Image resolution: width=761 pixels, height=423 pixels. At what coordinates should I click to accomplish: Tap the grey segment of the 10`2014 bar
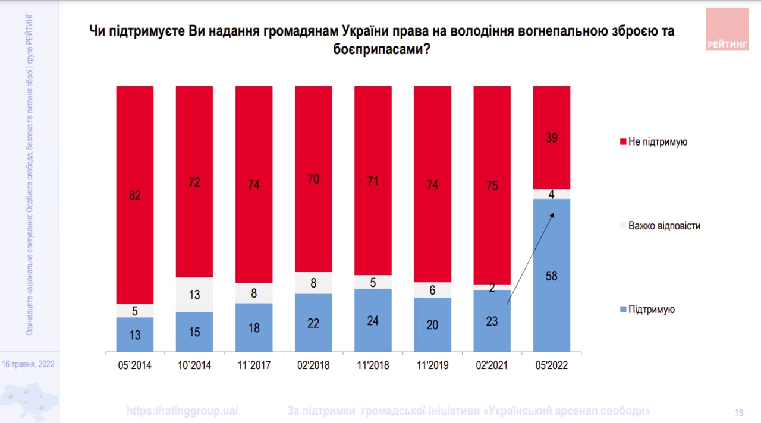tap(194, 295)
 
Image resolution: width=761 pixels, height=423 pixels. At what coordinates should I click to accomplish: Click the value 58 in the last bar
tap(551, 276)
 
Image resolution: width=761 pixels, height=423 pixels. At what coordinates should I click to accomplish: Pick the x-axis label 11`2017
tap(254, 365)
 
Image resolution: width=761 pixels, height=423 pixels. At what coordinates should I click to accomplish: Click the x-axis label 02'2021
tap(492, 365)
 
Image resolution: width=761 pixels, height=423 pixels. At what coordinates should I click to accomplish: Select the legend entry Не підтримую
tap(657, 141)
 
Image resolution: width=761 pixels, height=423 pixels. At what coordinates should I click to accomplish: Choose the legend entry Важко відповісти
tap(663, 226)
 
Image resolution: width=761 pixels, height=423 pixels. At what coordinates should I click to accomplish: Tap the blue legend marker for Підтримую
tap(623, 310)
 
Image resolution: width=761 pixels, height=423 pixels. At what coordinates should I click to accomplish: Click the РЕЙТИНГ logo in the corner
tap(727, 29)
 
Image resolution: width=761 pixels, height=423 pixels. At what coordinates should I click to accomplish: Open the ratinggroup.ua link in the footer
tap(183, 411)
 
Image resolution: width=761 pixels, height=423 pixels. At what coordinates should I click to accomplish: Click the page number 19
tap(740, 412)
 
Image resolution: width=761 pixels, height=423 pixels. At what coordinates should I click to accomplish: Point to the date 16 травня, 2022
tap(29, 364)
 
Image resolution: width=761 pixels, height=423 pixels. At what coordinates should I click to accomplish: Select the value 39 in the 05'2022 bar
tap(551, 138)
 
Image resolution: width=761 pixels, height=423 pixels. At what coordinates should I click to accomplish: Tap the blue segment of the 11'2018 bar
tap(373, 320)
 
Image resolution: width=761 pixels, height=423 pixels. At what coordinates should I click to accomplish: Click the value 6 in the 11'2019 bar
tap(432, 289)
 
